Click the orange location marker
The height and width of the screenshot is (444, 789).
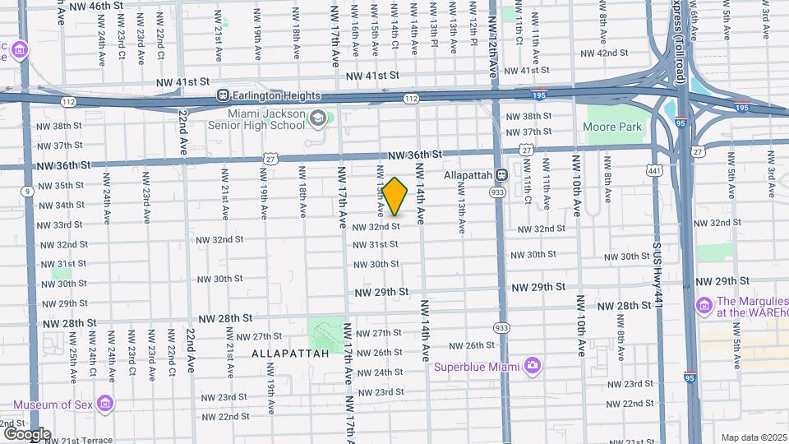coord(395,197)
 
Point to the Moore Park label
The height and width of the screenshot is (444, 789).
coord(611,127)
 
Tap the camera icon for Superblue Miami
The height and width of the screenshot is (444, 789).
coord(533,364)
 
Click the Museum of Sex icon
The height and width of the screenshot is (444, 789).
coord(104,404)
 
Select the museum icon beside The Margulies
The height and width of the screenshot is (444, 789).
coord(704,306)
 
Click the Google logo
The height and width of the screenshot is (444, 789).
coord(27,433)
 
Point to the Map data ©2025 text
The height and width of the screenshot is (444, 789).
coord(752,437)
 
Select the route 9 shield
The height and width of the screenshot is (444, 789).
coord(28,191)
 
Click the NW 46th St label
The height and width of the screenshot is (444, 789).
coord(96,5)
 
